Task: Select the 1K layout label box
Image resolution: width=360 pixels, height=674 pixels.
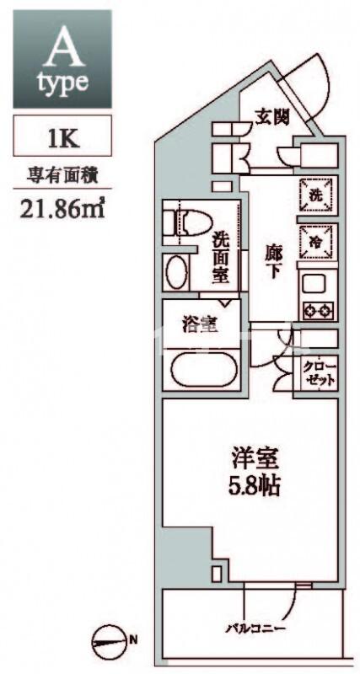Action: (x=62, y=136)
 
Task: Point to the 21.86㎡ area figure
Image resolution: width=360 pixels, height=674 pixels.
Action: (x=62, y=208)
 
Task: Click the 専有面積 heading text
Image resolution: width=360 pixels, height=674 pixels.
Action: (x=62, y=177)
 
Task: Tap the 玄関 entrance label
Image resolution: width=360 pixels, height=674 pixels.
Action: (x=271, y=117)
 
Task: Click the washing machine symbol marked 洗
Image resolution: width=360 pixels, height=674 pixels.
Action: (x=316, y=195)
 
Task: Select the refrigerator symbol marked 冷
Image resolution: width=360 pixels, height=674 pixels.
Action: (x=316, y=242)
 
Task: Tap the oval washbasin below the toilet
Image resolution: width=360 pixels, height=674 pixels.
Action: (x=177, y=272)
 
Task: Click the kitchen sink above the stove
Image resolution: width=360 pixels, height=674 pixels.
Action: (x=317, y=285)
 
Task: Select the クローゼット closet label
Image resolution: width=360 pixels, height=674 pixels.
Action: (x=319, y=374)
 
